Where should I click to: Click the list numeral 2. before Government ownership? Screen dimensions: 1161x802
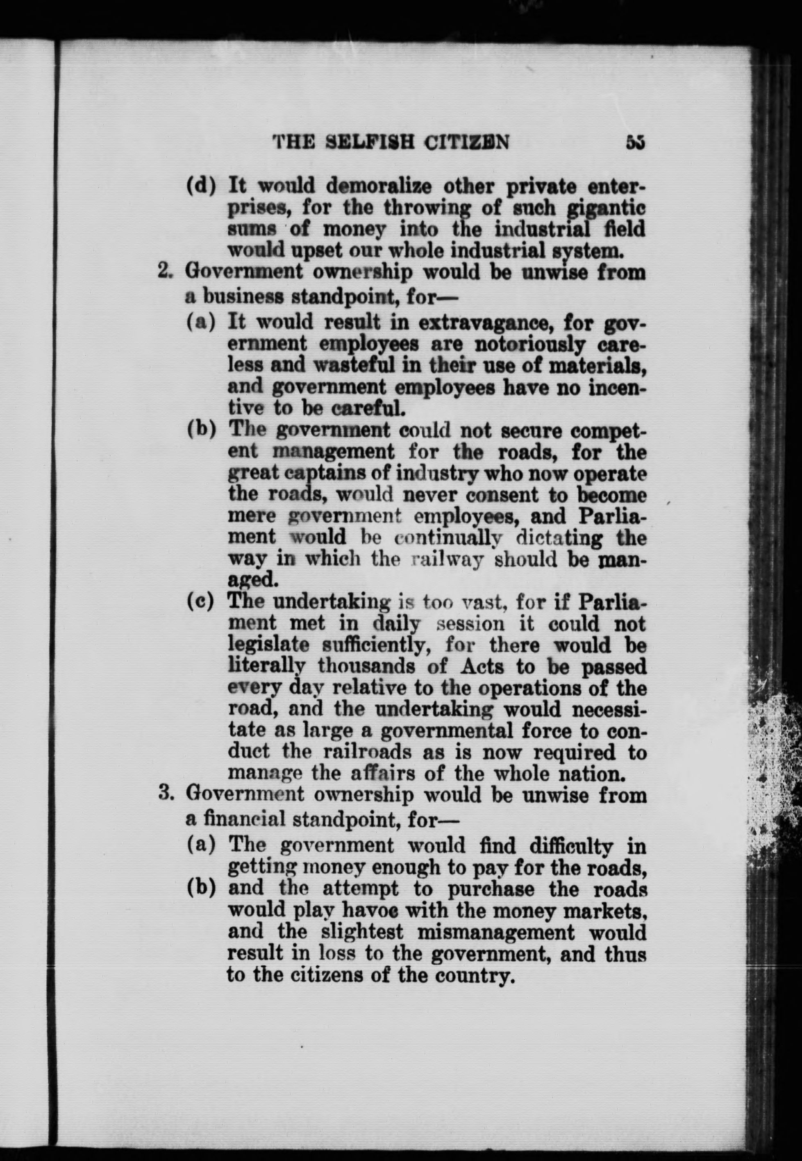[165, 272]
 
